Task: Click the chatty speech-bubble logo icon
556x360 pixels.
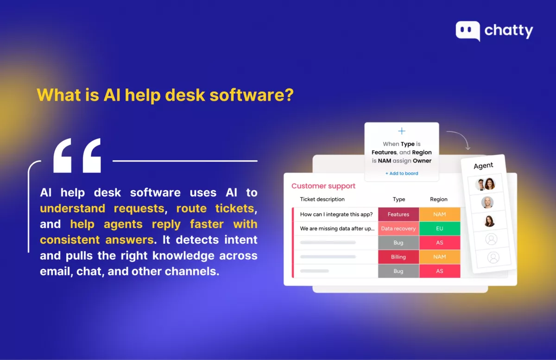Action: pyautogui.click(x=468, y=31)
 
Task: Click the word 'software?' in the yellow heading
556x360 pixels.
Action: pyautogui.click(x=252, y=95)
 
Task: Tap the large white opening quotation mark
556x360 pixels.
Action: pyautogui.click(x=77, y=155)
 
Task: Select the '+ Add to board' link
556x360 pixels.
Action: pyautogui.click(x=402, y=173)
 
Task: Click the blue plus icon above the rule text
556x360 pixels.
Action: pyautogui.click(x=402, y=131)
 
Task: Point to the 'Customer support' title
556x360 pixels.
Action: pyautogui.click(x=323, y=186)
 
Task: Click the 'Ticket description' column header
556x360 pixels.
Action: pyautogui.click(x=322, y=199)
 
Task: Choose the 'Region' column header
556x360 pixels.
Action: pyautogui.click(x=439, y=199)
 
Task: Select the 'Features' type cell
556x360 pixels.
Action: pyautogui.click(x=398, y=214)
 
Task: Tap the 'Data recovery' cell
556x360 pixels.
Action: pyautogui.click(x=398, y=228)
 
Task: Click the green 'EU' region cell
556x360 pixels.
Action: pyautogui.click(x=440, y=228)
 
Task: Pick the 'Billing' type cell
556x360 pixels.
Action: pyautogui.click(x=398, y=257)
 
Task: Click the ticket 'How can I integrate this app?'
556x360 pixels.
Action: pyautogui.click(x=336, y=214)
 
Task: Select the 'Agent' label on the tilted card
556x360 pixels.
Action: pyautogui.click(x=483, y=165)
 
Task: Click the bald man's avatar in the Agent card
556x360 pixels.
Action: pyautogui.click(x=487, y=202)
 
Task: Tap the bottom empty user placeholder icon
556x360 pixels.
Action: pyautogui.click(x=493, y=258)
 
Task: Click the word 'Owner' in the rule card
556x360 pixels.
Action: pyautogui.click(x=422, y=161)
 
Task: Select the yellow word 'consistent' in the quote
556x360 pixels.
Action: pyautogui.click(x=70, y=240)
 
